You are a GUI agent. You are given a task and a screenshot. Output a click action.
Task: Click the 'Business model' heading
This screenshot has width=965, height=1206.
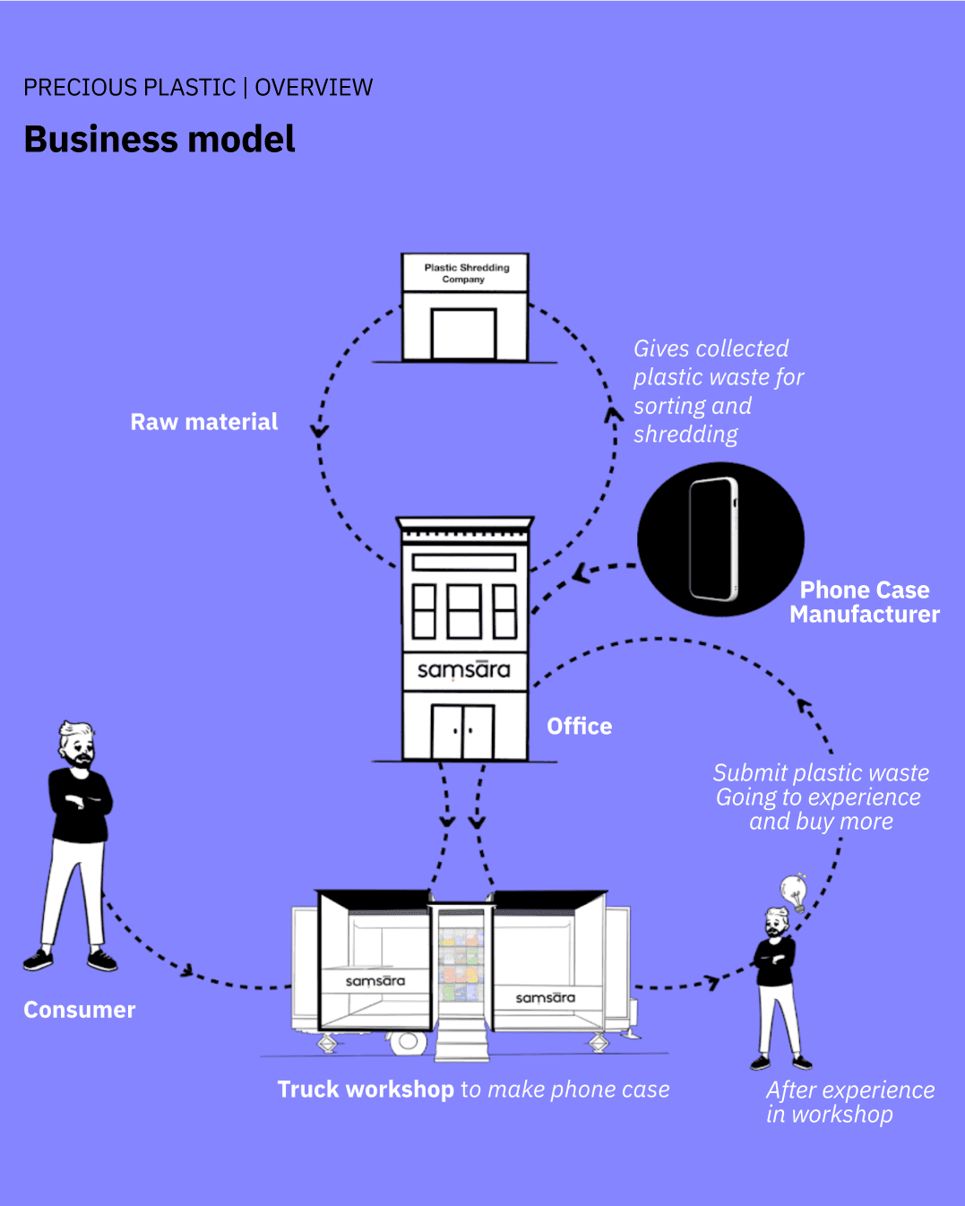coord(159,140)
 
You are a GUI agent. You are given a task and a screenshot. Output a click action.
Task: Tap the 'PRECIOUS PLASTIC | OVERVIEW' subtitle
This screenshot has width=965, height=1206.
coord(198,88)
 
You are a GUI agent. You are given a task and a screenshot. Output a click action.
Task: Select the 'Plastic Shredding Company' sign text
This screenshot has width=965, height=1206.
coord(466,273)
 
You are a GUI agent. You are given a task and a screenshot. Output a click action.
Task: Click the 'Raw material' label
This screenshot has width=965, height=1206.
coord(204,422)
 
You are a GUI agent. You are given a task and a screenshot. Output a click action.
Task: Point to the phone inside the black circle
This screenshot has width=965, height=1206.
coord(714,538)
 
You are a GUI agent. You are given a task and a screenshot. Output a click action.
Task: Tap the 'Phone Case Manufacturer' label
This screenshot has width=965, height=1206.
coord(865,602)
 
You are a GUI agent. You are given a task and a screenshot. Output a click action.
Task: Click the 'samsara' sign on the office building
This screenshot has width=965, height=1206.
coord(463,670)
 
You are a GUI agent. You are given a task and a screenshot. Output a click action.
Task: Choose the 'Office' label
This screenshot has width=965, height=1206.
coord(580,727)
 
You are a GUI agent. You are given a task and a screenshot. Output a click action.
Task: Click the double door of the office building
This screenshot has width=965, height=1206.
coord(463,731)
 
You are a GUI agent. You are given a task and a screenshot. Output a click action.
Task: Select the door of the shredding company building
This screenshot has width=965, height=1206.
coord(463,334)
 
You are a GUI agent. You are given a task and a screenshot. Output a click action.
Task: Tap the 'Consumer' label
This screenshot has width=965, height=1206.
coord(80,1010)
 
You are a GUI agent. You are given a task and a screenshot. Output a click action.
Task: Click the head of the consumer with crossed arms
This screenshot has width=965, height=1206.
coord(77,742)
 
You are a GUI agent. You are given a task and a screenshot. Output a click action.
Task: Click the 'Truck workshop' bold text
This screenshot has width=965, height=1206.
coord(366,1090)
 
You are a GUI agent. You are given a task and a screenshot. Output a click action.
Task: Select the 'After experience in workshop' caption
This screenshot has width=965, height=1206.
coord(849,1102)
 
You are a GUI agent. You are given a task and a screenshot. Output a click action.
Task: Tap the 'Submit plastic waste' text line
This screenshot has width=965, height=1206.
coord(821,772)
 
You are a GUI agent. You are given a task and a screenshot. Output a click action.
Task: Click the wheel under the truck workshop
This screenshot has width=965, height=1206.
coord(408,1041)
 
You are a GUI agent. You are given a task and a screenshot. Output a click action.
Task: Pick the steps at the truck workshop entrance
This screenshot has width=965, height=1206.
coord(461,1039)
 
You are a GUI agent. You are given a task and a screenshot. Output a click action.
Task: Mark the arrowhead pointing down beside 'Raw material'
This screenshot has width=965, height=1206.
coord(320,431)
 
